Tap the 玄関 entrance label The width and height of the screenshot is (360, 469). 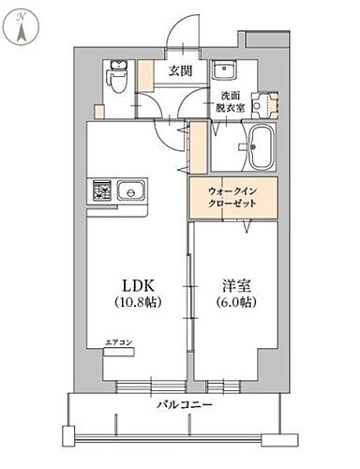coord(180,71)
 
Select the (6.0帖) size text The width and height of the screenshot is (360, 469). coord(235,303)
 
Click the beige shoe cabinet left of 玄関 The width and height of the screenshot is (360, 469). coord(145,75)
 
